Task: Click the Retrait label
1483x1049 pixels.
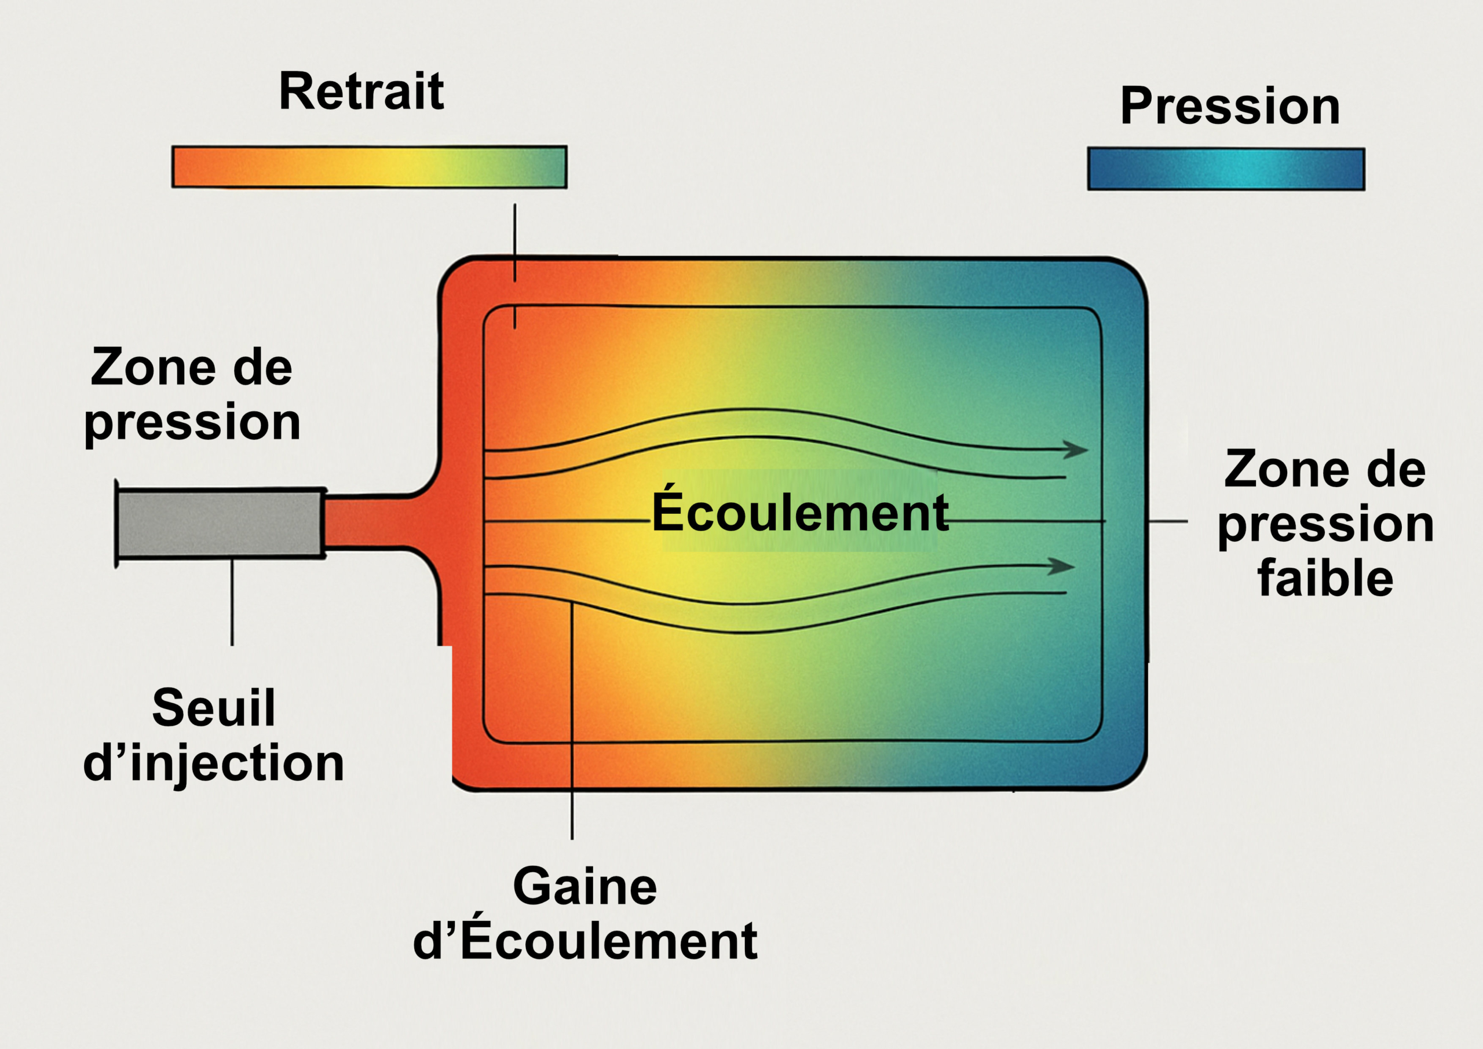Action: (361, 92)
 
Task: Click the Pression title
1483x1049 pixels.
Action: (1230, 107)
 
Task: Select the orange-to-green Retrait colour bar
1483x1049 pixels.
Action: (369, 167)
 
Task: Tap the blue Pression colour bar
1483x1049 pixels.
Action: (1226, 169)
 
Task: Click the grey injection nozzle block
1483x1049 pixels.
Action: (220, 523)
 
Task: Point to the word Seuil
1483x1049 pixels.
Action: (214, 708)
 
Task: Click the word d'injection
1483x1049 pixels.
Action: (214, 763)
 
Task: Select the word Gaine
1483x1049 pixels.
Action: (585, 887)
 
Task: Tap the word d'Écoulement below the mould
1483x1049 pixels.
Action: (585, 942)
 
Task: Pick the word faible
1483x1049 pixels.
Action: (1325, 579)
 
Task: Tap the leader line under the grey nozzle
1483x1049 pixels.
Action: (232, 601)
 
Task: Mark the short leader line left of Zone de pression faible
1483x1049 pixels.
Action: (1168, 521)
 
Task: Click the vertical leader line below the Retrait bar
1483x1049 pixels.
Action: (515, 242)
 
